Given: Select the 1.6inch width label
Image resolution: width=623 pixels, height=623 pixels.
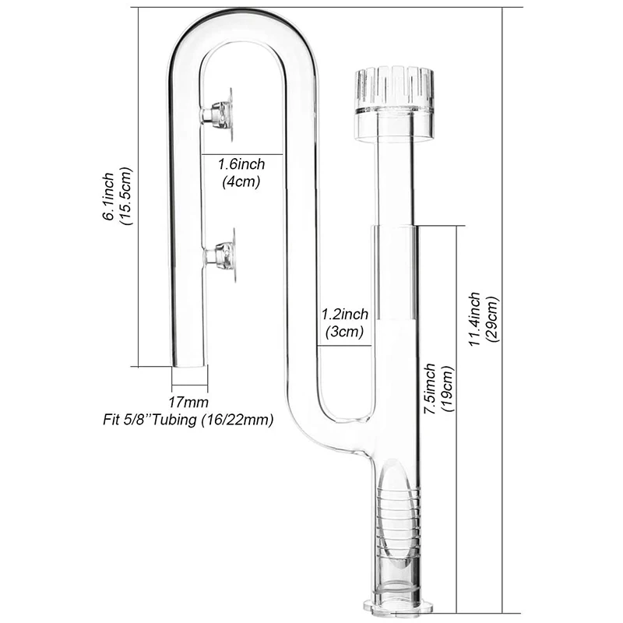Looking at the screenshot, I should (241, 165).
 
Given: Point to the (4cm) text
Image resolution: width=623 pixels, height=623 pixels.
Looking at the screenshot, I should (241, 181).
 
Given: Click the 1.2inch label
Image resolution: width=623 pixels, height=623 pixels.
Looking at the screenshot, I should (344, 315).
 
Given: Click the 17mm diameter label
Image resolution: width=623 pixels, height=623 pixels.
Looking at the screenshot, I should (189, 403).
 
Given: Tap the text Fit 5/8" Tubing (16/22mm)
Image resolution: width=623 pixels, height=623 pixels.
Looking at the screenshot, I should (189, 420).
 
